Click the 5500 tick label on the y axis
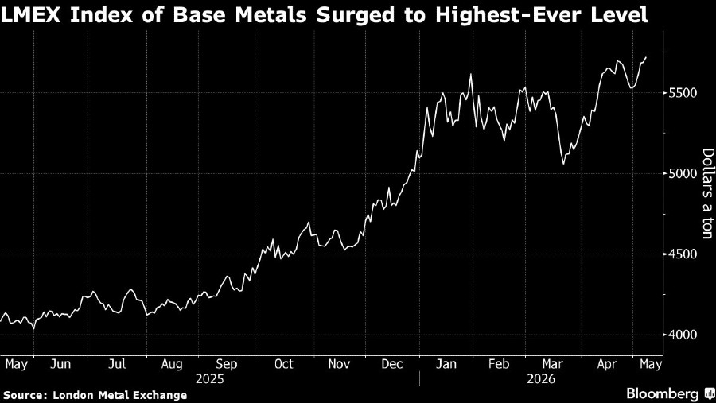pos(683,93)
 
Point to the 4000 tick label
pos(683,335)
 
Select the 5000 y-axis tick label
pos(683,173)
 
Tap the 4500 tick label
pos(683,254)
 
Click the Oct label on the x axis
pos(283,364)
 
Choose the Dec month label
pos(391,364)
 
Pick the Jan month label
pos(446,364)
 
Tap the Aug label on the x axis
pos(172,364)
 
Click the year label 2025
pos(209,379)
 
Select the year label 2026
pos(541,379)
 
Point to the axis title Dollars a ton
pos(707,193)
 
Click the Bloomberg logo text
pos(662,393)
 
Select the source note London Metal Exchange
pos(119,395)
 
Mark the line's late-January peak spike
pos(470,75)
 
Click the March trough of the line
pos(563,164)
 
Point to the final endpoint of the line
pos(646,57)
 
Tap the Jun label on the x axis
pos(60,364)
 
